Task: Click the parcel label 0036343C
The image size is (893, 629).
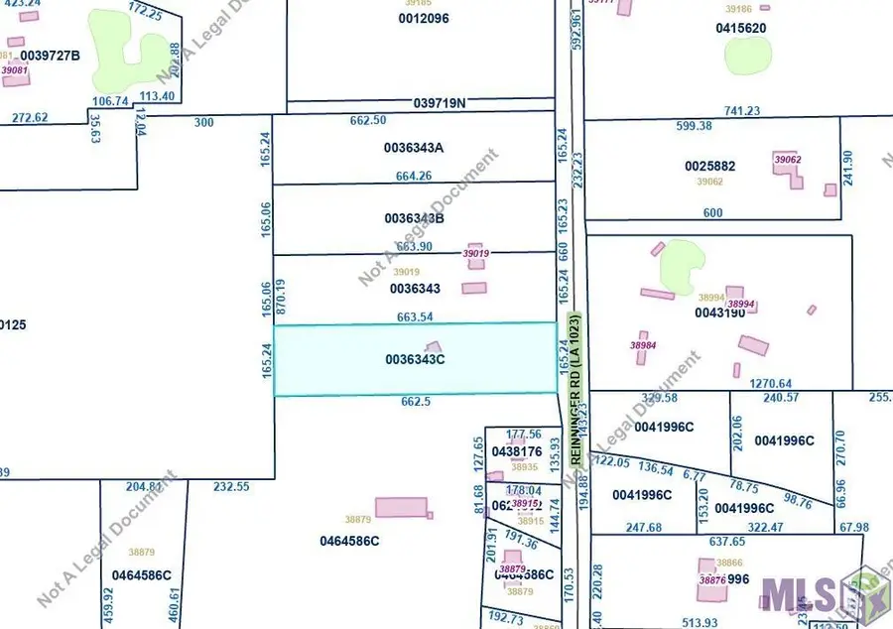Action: [x=414, y=359]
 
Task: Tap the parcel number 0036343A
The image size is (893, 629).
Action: [x=414, y=148]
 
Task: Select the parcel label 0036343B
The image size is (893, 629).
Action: [x=414, y=217]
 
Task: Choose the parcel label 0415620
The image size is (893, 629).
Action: [x=741, y=28]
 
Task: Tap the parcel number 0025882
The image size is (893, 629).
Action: [x=710, y=167]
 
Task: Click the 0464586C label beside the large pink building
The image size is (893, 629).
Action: [x=349, y=542]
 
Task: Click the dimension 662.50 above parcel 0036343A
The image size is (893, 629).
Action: [x=368, y=120]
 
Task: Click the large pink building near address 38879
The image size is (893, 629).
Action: [x=401, y=507]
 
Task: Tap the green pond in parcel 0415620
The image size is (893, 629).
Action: [x=746, y=56]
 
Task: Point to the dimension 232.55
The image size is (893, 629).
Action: [x=232, y=486]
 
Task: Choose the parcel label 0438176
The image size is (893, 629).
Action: [x=516, y=451]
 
